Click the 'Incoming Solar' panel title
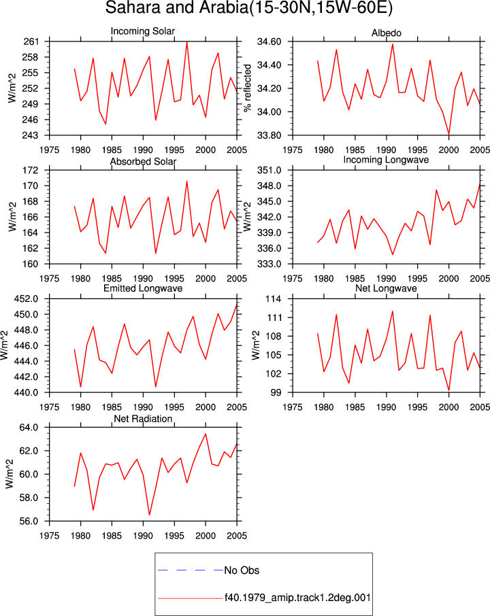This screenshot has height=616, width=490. point(143,31)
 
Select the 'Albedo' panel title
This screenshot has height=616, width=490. point(386,33)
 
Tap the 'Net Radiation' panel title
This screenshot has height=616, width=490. point(143,419)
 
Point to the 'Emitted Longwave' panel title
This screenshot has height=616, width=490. point(143,288)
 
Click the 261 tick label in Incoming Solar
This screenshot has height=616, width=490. point(31,41)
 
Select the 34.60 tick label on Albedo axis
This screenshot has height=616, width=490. point(269,41)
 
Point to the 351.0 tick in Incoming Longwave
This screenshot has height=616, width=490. point(269,170)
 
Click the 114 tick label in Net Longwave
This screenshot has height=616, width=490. point(274,299)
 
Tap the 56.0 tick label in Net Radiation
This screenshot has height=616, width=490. point(29,521)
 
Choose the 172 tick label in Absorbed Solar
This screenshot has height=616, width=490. point(31,170)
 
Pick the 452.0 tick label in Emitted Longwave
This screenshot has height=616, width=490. point(27,299)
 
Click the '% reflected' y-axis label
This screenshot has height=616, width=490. point(247,88)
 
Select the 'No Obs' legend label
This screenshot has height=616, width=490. point(242,570)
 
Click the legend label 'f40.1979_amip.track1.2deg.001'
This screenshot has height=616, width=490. point(297,598)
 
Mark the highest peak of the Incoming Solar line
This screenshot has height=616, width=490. point(186,42)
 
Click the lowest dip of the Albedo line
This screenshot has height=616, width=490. point(448,134)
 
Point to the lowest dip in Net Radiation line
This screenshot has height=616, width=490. point(150,515)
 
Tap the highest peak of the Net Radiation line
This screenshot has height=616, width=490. point(206,434)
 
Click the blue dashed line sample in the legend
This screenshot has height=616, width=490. point(191,570)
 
